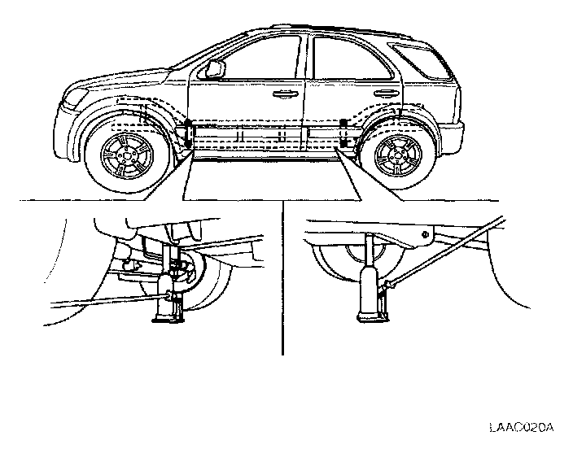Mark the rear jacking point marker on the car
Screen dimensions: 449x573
pyautogui.click(x=344, y=133)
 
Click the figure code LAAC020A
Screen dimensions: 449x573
pyautogui.click(x=522, y=426)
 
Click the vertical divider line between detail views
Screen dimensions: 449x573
pyautogui.click(x=282, y=277)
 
